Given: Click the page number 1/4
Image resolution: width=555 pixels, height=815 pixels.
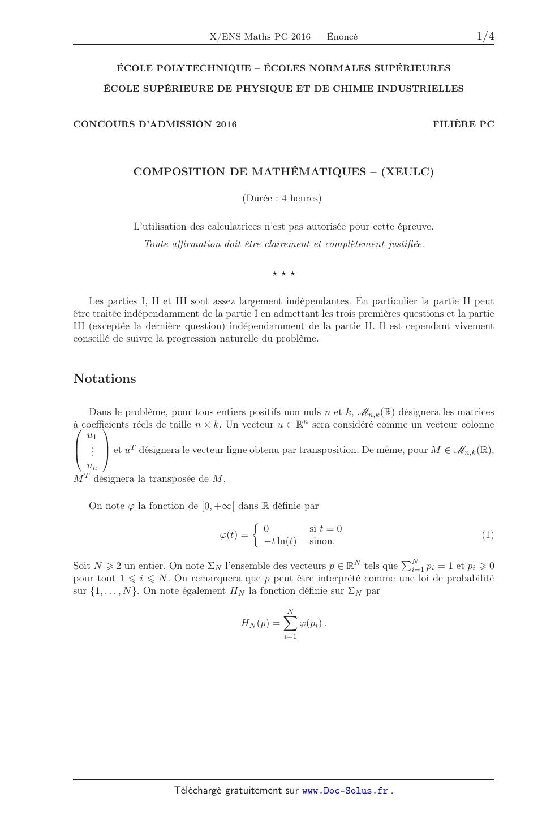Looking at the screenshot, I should (485, 37).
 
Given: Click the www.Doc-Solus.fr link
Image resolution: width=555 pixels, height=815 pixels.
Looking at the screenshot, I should (345, 791).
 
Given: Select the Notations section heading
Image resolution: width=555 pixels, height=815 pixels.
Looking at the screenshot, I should (105, 378).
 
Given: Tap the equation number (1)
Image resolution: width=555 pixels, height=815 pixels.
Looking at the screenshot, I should (488, 534).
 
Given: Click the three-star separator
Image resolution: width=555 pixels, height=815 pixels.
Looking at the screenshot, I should (283, 274).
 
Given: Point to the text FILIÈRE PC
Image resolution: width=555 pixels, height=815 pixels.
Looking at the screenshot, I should (463, 124).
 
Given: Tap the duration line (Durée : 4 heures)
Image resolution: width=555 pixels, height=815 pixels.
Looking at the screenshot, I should (282, 198).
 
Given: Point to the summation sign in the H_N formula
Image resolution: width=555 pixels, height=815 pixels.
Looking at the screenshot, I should (290, 623).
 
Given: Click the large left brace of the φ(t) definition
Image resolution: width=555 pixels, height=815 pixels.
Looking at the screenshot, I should (256, 535).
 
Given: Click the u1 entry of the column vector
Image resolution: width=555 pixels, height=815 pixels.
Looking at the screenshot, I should (92, 436).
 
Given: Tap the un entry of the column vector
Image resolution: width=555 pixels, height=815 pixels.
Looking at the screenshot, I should (92, 466).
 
